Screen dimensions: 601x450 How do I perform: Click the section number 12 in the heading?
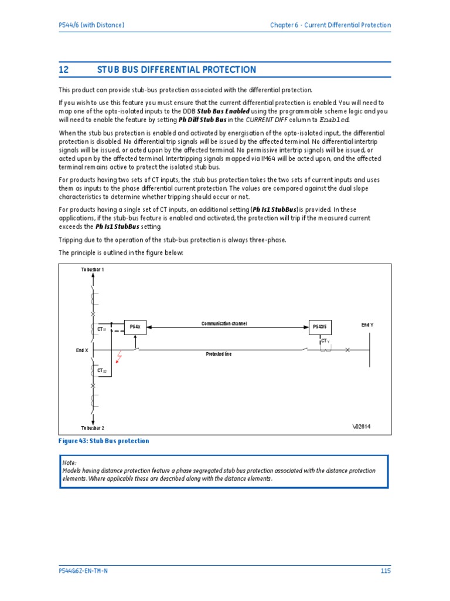coord(64,70)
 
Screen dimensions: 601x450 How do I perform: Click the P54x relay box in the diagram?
coord(135,326)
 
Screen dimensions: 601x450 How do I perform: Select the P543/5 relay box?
coord(320,327)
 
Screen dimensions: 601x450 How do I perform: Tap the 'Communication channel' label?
coord(224,323)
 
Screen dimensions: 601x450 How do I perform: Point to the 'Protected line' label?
coord(218,354)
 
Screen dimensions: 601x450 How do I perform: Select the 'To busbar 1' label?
coord(93,269)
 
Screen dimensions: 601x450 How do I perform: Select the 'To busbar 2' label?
coord(93,428)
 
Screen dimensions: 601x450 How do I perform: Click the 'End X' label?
coord(82,350)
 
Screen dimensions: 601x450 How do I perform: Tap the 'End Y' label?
coord(367,325)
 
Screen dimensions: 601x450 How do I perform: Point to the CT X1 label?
coord(101,330)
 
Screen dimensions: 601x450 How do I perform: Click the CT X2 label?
coord(101,371)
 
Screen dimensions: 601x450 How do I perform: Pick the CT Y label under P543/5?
coord(325,341)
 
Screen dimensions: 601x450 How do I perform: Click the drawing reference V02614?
coord(362,427)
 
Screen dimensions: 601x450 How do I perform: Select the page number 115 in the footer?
coord(385,570)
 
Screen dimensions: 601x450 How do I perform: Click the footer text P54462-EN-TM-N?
coord(83,570)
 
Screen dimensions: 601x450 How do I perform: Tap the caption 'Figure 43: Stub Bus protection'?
coord(104,441)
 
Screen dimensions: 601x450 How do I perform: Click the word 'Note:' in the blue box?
coord(69,463)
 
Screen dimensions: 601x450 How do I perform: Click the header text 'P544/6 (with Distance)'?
coord(91,25)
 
